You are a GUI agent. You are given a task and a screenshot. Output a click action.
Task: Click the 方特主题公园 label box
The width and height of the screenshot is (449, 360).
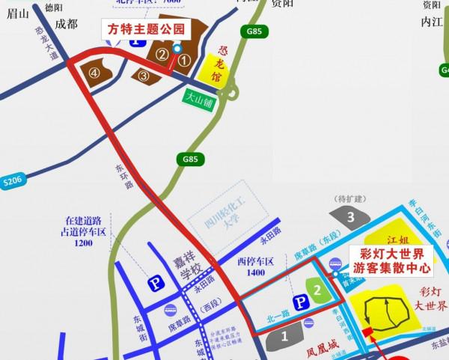click(x=144, y=30)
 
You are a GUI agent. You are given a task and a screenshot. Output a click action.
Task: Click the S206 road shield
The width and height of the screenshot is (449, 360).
click(x=13, y=180)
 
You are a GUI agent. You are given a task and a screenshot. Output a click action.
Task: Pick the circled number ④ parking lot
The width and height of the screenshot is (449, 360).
click(x=95, y=73)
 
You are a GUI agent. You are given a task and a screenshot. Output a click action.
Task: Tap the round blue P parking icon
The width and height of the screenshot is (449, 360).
click(x=155, y=284)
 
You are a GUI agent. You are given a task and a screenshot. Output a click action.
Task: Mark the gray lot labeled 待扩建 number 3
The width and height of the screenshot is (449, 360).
click(x=349, y=217)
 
